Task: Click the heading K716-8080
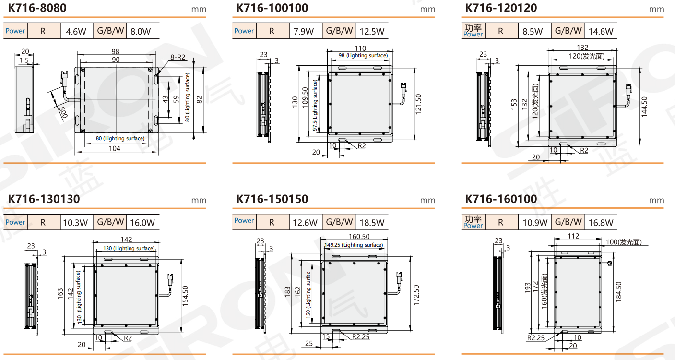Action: pyautogui.click(x=37, y=8)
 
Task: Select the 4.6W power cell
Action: pyautogui.click(x=76, y=31)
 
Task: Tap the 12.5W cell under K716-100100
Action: pyautogui.click(x=372, y=31)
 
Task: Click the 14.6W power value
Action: pyautogui.click(x=601, y=31)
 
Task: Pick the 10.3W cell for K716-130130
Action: pyautogui.click(x=75, y=223)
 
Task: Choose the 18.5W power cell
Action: pyautogui.click(x=372, y=223)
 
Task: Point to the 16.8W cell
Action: pyautogui.click(x=601, y=223)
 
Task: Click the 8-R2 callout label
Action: pyautogui.click(x=178, y=57)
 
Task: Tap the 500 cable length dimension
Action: pyautogui.click(x=64, y=112)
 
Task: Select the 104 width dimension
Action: pyautogui.click(x=115, y=148)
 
